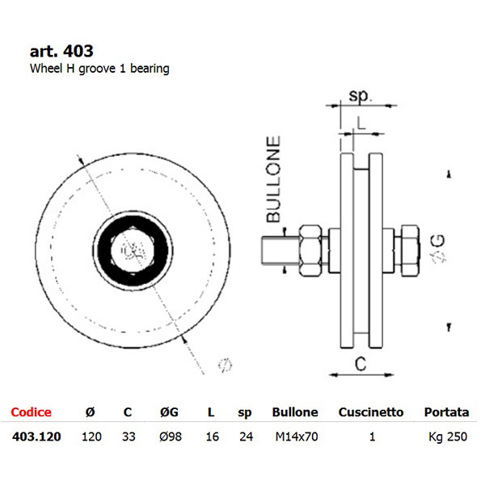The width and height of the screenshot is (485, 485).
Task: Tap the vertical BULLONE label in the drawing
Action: coord(274,179)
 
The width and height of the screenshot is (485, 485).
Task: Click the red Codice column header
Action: coord(31,412)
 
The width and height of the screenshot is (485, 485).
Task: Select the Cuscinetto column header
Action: coord(370,412)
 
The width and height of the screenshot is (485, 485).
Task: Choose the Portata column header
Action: coord(446,412)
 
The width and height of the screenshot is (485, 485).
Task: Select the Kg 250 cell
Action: coord(448,437)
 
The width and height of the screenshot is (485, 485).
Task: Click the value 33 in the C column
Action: coord(128,437)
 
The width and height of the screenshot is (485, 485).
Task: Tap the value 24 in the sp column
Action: coord(246,437)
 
